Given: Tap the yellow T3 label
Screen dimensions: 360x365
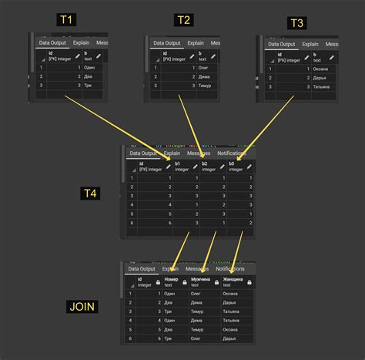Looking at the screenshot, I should point(296,23).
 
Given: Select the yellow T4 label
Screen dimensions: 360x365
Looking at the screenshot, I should point(90,193).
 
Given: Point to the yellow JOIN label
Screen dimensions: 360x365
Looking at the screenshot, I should point(82,306).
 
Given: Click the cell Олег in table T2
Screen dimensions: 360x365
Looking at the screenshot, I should point(204,68).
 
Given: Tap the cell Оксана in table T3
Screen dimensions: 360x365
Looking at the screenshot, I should point(320,68).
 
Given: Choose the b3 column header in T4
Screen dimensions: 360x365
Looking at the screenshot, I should point(233,167).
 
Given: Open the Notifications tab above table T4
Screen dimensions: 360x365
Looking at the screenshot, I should point(232,153).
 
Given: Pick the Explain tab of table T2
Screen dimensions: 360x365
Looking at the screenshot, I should point(196,43).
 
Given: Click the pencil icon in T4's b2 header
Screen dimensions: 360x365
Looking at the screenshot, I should point(219,167).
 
